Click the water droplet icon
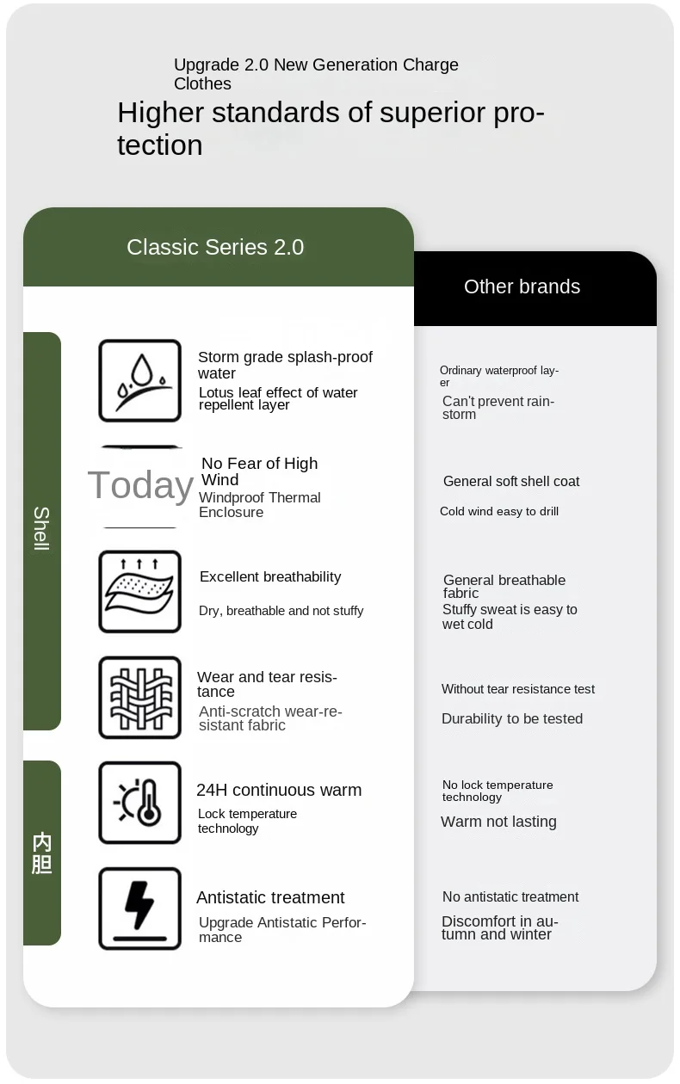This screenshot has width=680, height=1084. tap(139, 380)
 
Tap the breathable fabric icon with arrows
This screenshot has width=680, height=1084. tap(139, 592)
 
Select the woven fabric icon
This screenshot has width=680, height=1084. tap(139, 698)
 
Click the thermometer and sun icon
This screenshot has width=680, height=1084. tap(139, 803)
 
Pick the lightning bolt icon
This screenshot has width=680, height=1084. tap(139, 908)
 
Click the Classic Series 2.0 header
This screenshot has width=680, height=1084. tap(215, 248)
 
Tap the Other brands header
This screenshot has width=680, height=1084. tap(522, 287)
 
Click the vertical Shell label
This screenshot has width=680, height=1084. tap(41, 529)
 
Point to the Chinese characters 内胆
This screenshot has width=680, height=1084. tap(41, 853)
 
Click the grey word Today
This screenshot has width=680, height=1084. tap(140, 485)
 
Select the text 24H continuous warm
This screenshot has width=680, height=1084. tap(279, 790)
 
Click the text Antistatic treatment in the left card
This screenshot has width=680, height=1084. tap(270, 897)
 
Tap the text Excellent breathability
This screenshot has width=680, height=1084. tap(270, 576)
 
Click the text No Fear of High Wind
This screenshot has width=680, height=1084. tap(259, 471)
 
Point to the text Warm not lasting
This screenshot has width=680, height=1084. tap(498, 822)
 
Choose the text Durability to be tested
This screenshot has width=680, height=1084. tap(512, 718)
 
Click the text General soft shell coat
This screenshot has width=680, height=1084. tap(511, 481)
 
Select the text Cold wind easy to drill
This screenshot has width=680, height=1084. tap(499, 511)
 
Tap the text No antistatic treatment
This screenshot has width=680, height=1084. tap(510, 896)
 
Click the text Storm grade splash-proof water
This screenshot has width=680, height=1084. tap(285, 365)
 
